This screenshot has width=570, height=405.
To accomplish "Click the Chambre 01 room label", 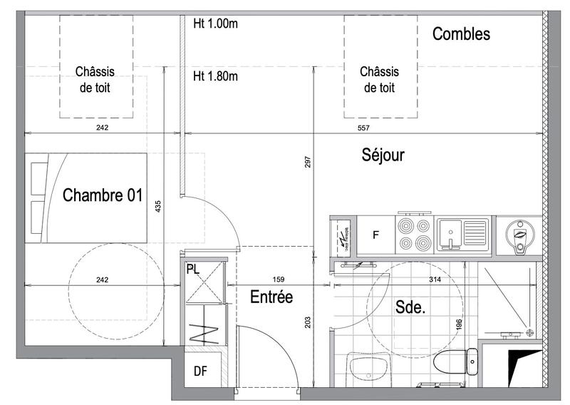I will coord(103,195).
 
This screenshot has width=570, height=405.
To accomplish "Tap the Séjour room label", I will coord(383,155).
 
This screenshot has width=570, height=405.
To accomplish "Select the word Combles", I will coord(461,34).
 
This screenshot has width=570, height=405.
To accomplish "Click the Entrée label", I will coord(271,297).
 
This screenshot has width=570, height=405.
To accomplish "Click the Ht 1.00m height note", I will coord(215,23).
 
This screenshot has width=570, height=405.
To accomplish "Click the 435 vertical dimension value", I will coord(158,207).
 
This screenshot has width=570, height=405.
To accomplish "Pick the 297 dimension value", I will coord(308,163).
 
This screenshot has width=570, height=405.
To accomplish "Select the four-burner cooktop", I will coord(415,234).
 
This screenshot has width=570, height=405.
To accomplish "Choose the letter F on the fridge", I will coord(376,235).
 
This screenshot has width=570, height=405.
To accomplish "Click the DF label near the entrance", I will coord(201,371).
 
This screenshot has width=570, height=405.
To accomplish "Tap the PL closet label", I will coord(192,270).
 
